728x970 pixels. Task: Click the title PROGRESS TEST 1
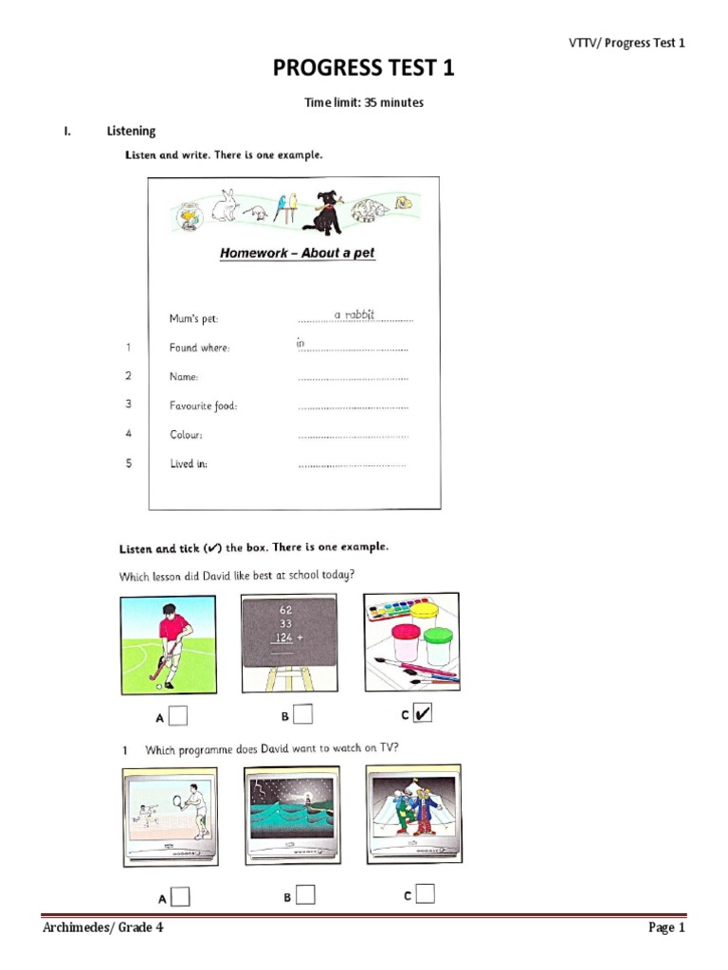pyautogui.click(x=363, y=69)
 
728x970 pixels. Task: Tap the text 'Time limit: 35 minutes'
pyautogui.click(x=363, y=102)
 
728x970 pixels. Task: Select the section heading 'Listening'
pyautogui.click(x=131, y=131)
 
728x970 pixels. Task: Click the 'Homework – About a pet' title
pyautogui.click(x=297, y=253)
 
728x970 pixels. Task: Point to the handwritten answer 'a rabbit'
pyautogui.click(x=354, y=314)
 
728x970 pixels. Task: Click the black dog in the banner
pyautogui.click(x=322, y=212)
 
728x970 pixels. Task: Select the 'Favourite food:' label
pyautogui.click(x=203, y=405)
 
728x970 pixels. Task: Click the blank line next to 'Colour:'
pyautogui.click(x=353, y=436)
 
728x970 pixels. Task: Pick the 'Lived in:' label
pyautogui.click(x=189, y=464)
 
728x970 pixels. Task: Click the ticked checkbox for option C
pyautogui.click(x=423, y=714)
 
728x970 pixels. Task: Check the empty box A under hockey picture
pyautogui.click(x=178, y=716)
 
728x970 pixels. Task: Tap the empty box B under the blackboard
pyautogui.click(x=302, y=714)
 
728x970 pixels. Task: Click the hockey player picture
pyautogui.click(x=168, y=645)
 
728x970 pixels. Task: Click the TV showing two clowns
pyautogui.click(x=413, y=813)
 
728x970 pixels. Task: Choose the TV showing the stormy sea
pyautogui.click(x=290, y=815)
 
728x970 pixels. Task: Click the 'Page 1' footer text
pyautogui.click(x=665, y=927)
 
